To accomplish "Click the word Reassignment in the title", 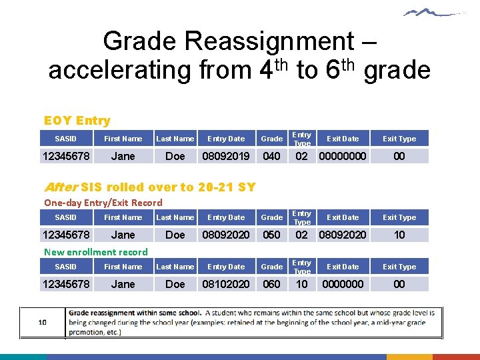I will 269,41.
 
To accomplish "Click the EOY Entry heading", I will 77,121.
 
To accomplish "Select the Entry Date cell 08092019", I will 226,157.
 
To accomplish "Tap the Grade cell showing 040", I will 271,157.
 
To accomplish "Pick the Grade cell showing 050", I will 271,235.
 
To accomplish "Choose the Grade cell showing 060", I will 271,285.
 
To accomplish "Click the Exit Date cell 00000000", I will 343,157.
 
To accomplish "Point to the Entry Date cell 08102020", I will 226,285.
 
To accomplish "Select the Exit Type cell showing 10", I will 399,235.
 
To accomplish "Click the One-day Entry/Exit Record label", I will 103,203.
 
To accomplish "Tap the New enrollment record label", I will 95,252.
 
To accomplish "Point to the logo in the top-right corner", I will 433,13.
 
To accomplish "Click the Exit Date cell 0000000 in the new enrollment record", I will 343,285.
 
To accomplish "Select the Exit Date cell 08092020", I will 343,235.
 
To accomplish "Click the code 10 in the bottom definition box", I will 42,322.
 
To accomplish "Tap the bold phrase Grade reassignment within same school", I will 135,313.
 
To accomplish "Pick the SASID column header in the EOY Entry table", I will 65,139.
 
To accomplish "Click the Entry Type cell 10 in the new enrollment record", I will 302,285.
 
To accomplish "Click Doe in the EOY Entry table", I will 175,157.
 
